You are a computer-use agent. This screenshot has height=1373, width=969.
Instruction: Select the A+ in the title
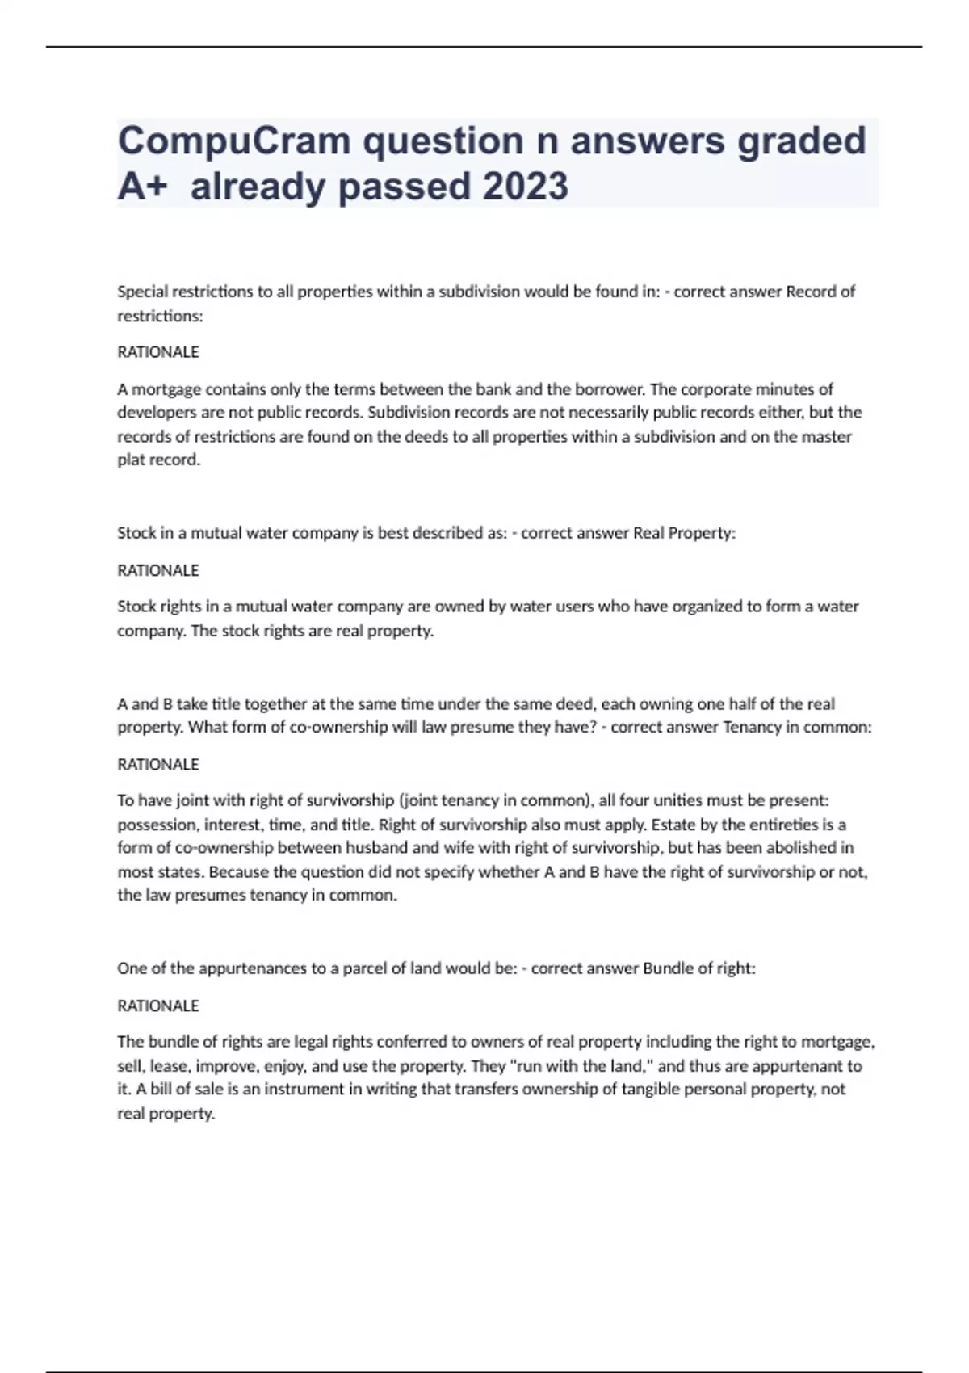pos(142,187)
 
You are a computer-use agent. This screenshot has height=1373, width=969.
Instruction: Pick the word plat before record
pos(132,460)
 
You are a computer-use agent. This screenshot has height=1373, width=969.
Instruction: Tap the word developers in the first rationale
pos(156,413)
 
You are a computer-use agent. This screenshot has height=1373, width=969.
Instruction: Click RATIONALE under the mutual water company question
pos(158,570)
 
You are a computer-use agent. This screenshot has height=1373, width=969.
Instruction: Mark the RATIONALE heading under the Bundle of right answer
pos(158,1006)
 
